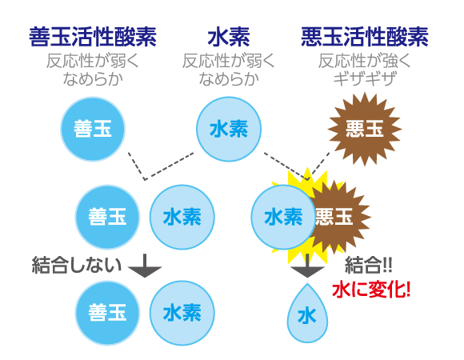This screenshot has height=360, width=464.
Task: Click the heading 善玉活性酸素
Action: coord(93,37)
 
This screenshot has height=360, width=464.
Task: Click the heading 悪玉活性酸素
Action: coord(365,37)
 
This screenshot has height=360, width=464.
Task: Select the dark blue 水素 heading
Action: coord(229,37)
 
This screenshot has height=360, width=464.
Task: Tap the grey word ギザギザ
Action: coord(365,79)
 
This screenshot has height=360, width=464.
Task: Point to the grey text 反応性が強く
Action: coord(365,61)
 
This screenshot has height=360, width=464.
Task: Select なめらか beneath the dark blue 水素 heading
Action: coord(229,79)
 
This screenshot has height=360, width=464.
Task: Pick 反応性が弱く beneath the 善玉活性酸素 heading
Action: coord(93,61)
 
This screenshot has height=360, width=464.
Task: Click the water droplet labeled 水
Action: coord(307,314)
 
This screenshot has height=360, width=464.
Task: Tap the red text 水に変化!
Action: coord(371,290)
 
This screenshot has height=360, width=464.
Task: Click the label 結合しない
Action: coord(77,265)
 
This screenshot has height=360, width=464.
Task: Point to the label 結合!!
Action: coord(369,265)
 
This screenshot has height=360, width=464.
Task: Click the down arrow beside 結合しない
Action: coord(145,266)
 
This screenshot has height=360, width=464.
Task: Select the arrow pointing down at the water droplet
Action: coord(307,266)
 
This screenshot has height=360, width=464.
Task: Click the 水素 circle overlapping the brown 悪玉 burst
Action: coord(283,217)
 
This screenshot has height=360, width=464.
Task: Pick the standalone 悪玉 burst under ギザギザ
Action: coord(365,129)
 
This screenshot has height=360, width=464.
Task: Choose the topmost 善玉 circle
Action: coord(93,129)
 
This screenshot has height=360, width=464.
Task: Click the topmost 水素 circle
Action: coord(229,129)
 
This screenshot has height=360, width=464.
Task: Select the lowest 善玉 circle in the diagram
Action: coord(107,313)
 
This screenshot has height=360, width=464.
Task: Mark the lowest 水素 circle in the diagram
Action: coord(182,313)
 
